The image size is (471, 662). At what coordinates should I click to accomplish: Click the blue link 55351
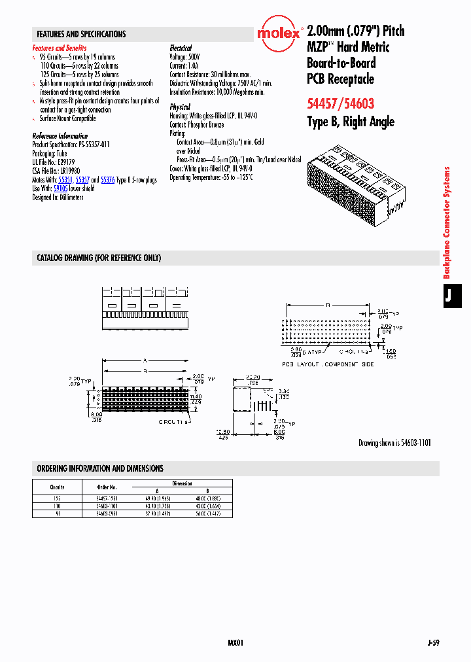tap(65, 180)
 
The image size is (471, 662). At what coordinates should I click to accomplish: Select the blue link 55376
tap(108, 180)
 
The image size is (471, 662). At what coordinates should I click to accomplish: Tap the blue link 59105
tap(60, 188)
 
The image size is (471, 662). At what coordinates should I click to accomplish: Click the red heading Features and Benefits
tap(60, 48)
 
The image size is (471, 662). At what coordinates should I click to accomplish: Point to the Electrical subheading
tap(181, 48)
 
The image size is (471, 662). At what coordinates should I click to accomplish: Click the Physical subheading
tap(180, 107)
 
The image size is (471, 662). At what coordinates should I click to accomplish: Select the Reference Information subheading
tap(60, 136)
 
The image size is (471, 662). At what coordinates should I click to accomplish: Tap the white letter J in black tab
tap(449, 296)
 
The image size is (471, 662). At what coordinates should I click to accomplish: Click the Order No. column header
tap(107, 487)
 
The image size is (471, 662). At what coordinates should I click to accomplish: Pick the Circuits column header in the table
tap(56, 487)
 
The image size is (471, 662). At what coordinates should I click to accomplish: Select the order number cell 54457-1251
tap(107, 498)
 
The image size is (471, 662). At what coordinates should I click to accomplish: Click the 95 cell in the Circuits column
tap(56, 514)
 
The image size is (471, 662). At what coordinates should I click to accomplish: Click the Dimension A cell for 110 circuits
tap(157, 506)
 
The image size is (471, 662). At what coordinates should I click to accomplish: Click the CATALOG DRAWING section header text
tap(99, 258)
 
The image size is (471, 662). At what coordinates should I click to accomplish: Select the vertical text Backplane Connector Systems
tap(447, 222)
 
